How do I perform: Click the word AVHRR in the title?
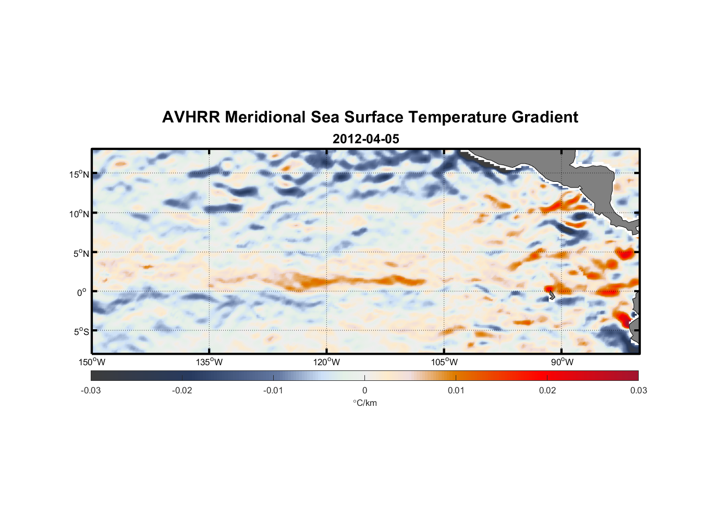point(191,117)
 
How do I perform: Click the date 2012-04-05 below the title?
point(366,139)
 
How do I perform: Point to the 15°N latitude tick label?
point(79,174)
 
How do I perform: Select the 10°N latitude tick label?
point(79,214)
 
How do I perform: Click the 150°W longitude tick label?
point(92,362)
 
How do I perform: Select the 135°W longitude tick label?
point(210,362)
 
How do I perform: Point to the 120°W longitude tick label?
point(327,362)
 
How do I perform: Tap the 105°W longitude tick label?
point(444,362)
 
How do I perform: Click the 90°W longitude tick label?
point(562,362)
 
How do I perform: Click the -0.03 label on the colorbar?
point(91,391)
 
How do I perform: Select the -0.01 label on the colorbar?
point(273,391)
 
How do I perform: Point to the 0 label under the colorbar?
point(364,391)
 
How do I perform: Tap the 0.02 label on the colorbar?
point(547,391)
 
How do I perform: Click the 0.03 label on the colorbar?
point(638,391)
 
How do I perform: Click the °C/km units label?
point(365,403)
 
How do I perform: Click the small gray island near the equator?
point(551,296)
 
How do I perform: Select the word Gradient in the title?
point(545,117)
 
